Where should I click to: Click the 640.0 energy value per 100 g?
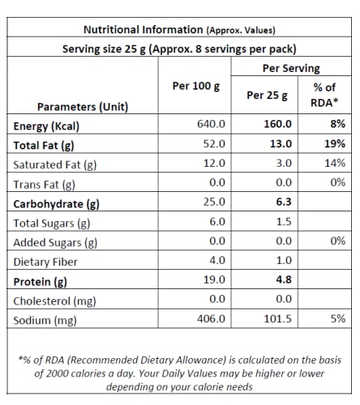[x=211, y=124]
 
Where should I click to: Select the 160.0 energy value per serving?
[x=277, y=124]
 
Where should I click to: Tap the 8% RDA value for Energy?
[x=337, y=124]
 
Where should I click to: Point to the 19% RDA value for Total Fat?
[x=335, y=143]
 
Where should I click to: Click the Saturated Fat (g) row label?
[x=55, y=165]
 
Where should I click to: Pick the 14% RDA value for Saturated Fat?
[x=335, y=163]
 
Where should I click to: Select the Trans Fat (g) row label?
[x=45, y=185]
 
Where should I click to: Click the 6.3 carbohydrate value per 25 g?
[x=284, y=202]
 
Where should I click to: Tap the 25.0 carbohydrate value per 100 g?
[x=214, y=202]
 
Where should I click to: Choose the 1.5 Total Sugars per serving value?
[x=284, y=221]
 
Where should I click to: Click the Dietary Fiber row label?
[x=45, y=262]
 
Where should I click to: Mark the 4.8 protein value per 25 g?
[x=284, y=279]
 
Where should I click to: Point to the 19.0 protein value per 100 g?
[x=214, y=279]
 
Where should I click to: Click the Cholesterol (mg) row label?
[x=54, y=301]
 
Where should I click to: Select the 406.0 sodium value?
[x=211, y=318]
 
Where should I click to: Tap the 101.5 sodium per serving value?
[x=277, y=318]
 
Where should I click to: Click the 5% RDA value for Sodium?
[x=337, y=318]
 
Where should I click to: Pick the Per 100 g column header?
[x=196, y=86]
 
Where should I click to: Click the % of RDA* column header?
[x=324, y=95]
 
